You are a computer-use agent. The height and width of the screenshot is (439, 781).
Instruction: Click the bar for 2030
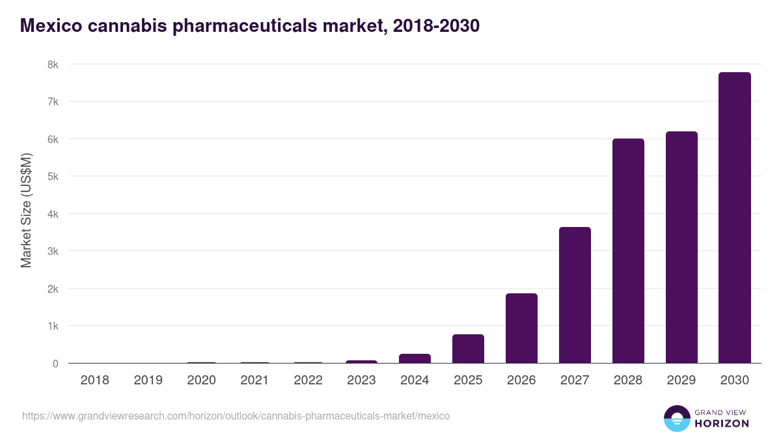(735, 218)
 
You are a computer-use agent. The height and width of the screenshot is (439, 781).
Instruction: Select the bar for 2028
(628, 251)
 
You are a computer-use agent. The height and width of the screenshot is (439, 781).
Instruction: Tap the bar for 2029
(681, 247)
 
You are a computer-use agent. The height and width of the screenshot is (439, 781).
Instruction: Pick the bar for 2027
(575, 295)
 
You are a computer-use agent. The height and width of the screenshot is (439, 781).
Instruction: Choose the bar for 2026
(521, 328)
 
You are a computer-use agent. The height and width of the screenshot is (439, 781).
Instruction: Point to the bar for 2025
(468, 349)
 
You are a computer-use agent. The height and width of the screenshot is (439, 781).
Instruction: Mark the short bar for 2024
(415, 358)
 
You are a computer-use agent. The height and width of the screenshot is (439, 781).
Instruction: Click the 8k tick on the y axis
(52, 64)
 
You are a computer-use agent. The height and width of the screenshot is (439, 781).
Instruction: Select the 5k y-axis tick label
(52, 176)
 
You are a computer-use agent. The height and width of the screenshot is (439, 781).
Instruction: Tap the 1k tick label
(52, 326)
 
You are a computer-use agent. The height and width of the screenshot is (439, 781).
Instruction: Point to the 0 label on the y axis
(55, 364)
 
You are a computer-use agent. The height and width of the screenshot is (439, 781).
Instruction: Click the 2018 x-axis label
(94, 380)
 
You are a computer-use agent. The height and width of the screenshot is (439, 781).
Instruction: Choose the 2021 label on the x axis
(254, 380)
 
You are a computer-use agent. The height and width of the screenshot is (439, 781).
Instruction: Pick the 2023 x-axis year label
(361, 380)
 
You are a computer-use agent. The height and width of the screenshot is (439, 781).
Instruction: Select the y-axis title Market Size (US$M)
(26, 210)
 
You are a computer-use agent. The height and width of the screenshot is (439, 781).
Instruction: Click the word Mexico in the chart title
(52, 25)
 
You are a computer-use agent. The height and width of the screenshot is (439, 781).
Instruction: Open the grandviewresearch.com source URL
(236, 416)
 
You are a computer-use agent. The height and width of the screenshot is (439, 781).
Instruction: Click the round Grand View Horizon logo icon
(677, 418)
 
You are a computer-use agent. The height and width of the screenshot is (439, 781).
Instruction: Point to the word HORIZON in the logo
(722, 423)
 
